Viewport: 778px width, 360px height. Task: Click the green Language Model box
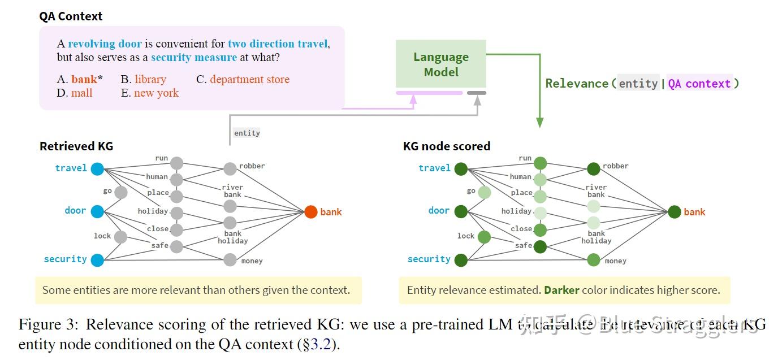(440, 64)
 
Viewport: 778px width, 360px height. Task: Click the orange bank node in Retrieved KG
(310, 212)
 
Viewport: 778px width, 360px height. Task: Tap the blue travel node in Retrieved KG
(97, 168)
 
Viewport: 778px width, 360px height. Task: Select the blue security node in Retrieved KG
(97, 260)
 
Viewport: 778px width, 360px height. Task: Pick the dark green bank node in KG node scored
(674, 212)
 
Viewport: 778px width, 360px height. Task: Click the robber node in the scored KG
(593, 168)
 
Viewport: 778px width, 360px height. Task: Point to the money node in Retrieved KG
(230, 260)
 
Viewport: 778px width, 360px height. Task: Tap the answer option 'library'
(150, 80)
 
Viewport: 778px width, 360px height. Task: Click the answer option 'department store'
(249, 80)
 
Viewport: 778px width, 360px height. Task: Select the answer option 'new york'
(156, 93)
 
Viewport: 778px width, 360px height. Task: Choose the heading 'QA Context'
(71, 16)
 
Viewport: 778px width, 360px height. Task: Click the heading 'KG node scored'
(446, 146)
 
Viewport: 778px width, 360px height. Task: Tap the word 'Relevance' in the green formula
(577, 84)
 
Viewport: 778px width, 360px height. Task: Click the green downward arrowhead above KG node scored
(539, 123)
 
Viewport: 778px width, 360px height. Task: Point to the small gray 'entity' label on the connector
(247, 133)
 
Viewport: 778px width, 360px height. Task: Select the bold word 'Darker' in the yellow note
(561, 290)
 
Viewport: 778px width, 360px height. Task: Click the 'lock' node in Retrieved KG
(120, 237)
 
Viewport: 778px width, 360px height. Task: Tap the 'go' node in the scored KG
(484, 193)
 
